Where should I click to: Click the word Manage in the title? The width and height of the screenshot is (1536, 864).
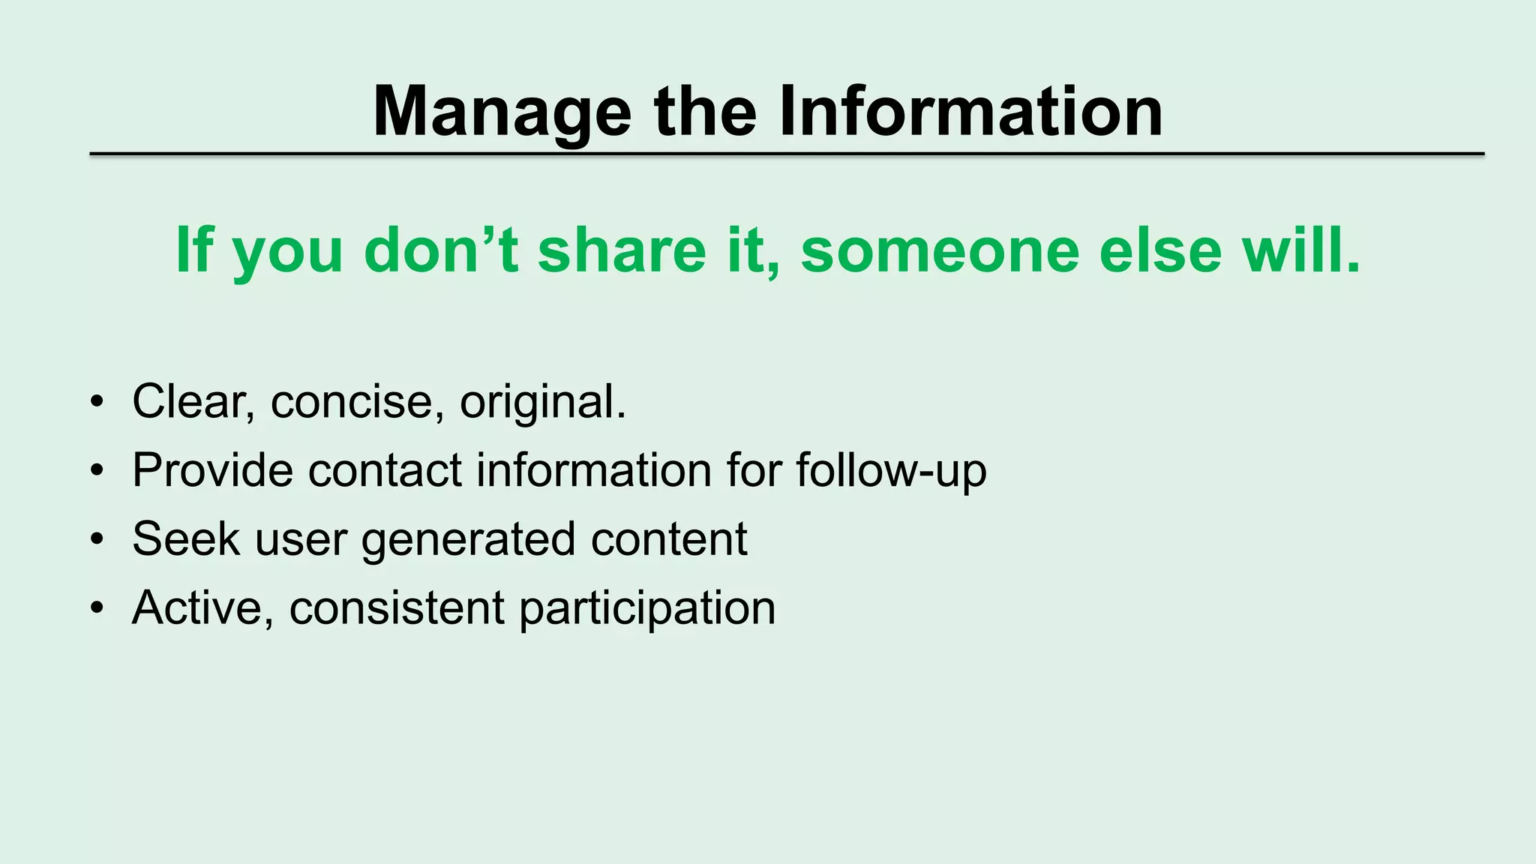point(502,112)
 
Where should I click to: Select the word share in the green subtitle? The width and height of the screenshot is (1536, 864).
point(622,250)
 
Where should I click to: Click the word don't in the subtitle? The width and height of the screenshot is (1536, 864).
point(441,250)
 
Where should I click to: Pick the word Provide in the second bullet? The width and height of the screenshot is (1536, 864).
point(212,471)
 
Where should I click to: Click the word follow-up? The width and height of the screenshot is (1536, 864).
point(891,471)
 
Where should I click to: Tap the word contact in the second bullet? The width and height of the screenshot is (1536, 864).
point(385,471)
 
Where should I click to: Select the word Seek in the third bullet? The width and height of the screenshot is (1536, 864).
point(185,538)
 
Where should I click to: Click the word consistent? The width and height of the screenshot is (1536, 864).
point(397,607)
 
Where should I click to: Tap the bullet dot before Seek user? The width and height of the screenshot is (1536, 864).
point(96,540)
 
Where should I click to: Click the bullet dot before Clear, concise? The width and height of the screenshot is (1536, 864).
point(96,403)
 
